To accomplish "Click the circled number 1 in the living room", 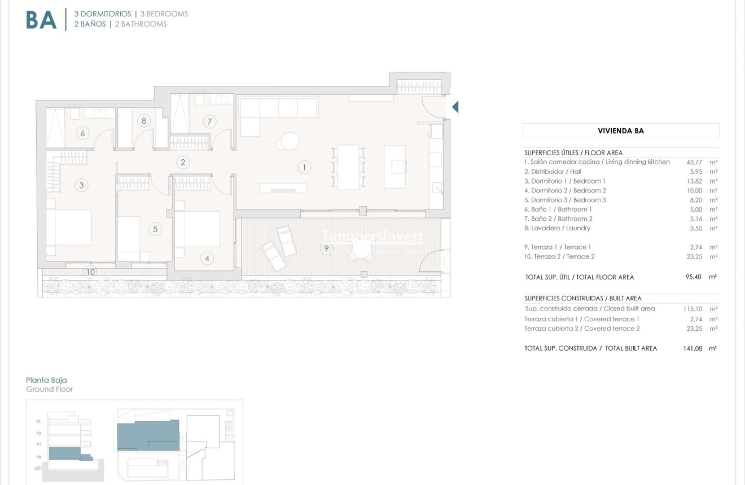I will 304,167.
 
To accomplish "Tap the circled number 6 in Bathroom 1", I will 82,133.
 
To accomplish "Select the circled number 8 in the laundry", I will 144,120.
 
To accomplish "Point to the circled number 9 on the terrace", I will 326,248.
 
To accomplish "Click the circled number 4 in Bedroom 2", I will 207,259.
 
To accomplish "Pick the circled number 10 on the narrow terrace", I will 90,272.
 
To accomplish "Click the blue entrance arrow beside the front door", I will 455,107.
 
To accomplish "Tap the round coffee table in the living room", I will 290,141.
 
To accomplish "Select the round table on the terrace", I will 361,248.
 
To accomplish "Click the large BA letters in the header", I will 41,20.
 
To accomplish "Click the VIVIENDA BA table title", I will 620,131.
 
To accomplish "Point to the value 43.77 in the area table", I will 694,162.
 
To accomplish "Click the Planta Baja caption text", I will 46,380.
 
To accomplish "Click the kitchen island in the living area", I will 395,167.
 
